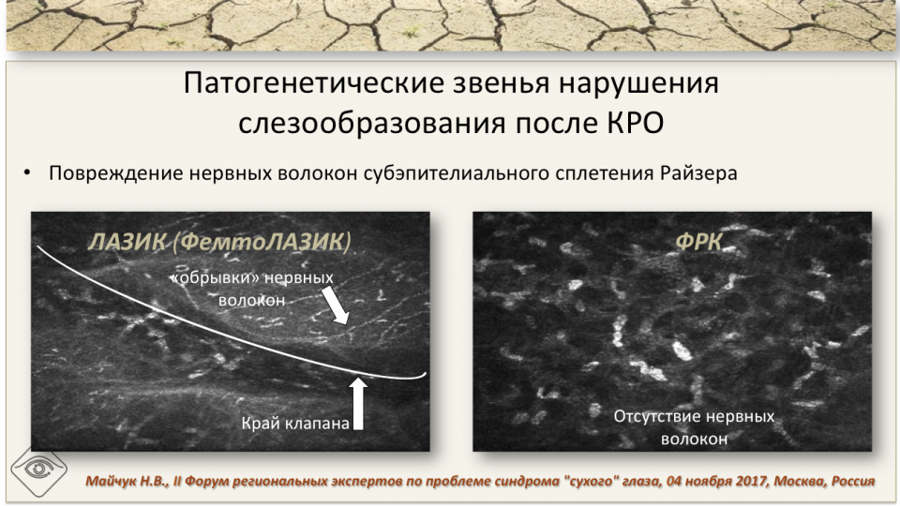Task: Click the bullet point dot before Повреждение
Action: click(28, 174)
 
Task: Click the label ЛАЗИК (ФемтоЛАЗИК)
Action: click(219, 241)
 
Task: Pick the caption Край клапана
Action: click(295, 424)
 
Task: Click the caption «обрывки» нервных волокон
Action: click(251, 290)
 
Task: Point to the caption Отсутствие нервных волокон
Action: click(694, 426)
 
